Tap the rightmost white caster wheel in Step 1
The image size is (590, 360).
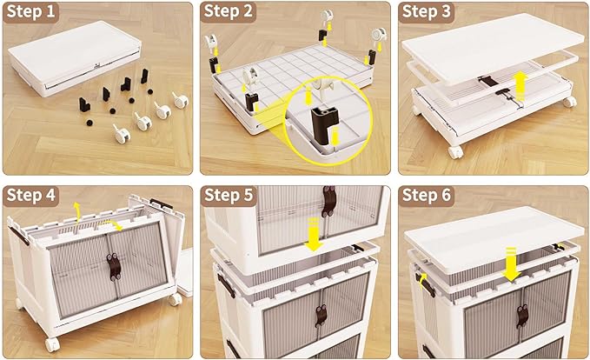(x=181, y=101)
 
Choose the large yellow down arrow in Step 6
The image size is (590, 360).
(x=511, y=263)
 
